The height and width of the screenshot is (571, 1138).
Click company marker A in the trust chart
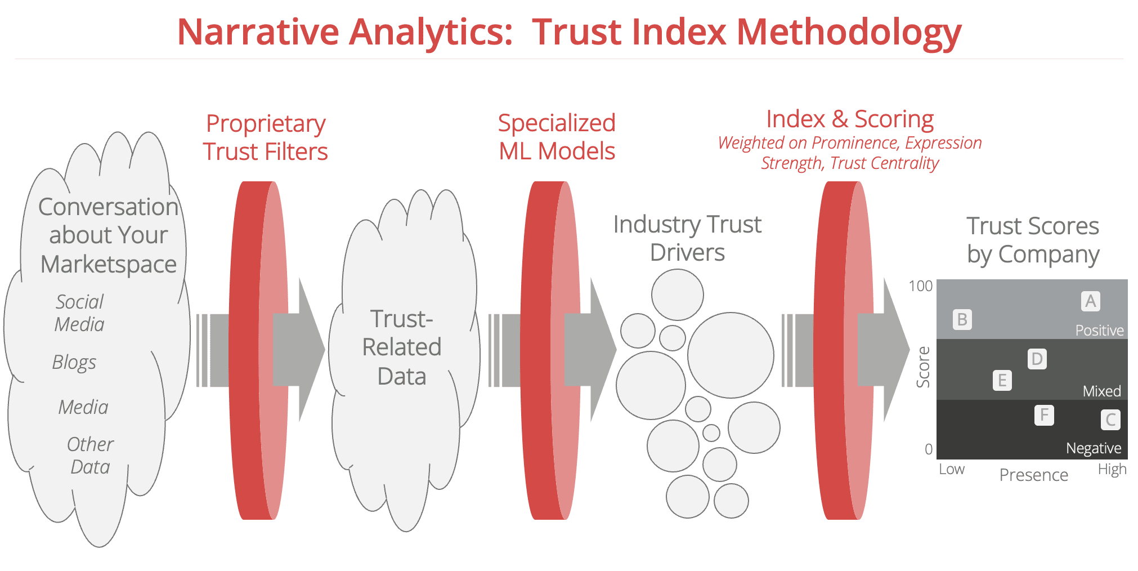[1090, 301]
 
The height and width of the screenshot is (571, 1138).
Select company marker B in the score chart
[962, 320]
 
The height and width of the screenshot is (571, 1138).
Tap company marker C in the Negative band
[1110, 420]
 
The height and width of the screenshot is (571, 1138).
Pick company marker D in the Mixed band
[1037, 359]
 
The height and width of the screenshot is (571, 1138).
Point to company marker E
[1002, 381]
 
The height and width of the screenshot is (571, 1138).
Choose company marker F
[1044, 415]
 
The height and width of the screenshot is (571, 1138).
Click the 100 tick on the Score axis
[921, 286]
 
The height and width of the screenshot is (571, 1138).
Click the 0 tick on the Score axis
[929, 449]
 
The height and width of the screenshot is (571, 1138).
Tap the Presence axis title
[1033, 475]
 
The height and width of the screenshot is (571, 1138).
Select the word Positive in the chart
[1099, 330]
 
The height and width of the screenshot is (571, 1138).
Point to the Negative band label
[1094, 448]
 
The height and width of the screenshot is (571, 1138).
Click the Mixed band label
[1102, 391]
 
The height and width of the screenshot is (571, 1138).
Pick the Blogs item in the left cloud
[74, 363]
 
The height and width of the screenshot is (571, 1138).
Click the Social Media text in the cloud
[79, 313]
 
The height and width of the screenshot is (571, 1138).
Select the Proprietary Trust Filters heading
[266, 137]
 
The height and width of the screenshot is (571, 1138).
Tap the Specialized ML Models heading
[557, 137]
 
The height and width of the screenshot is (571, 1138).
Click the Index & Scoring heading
[850, 119]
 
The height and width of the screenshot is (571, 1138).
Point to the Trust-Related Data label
[402, 347]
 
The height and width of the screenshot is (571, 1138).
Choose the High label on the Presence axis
[1112, 469]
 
